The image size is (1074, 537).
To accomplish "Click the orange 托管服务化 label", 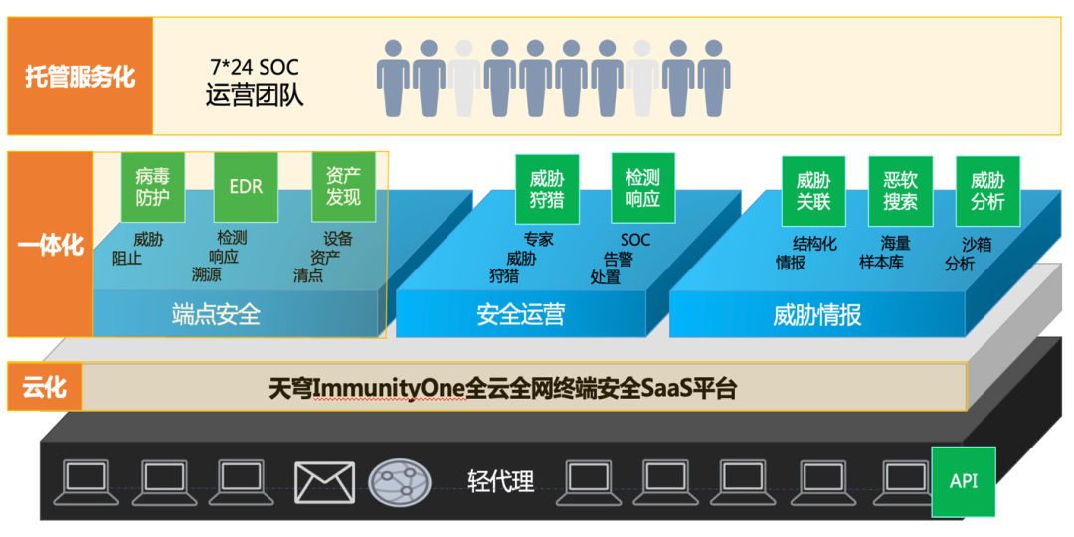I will point(80,77).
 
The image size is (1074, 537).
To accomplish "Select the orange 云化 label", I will point(44,386).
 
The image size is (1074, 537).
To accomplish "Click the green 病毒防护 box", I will point(152,186).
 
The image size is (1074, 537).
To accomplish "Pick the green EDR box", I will point(246,186).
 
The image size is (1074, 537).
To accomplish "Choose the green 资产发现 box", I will point(343,186).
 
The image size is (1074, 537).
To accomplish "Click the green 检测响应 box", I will point(642,187).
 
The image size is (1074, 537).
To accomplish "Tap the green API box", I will point(963,481).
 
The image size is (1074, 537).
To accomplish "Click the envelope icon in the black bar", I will point(324,482).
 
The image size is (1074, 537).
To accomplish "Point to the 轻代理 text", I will point(500,481).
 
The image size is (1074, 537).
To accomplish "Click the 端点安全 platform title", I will point(216,315).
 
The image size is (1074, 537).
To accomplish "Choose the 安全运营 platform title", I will point(520,315).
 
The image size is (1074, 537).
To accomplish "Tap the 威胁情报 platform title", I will point(816,315).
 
